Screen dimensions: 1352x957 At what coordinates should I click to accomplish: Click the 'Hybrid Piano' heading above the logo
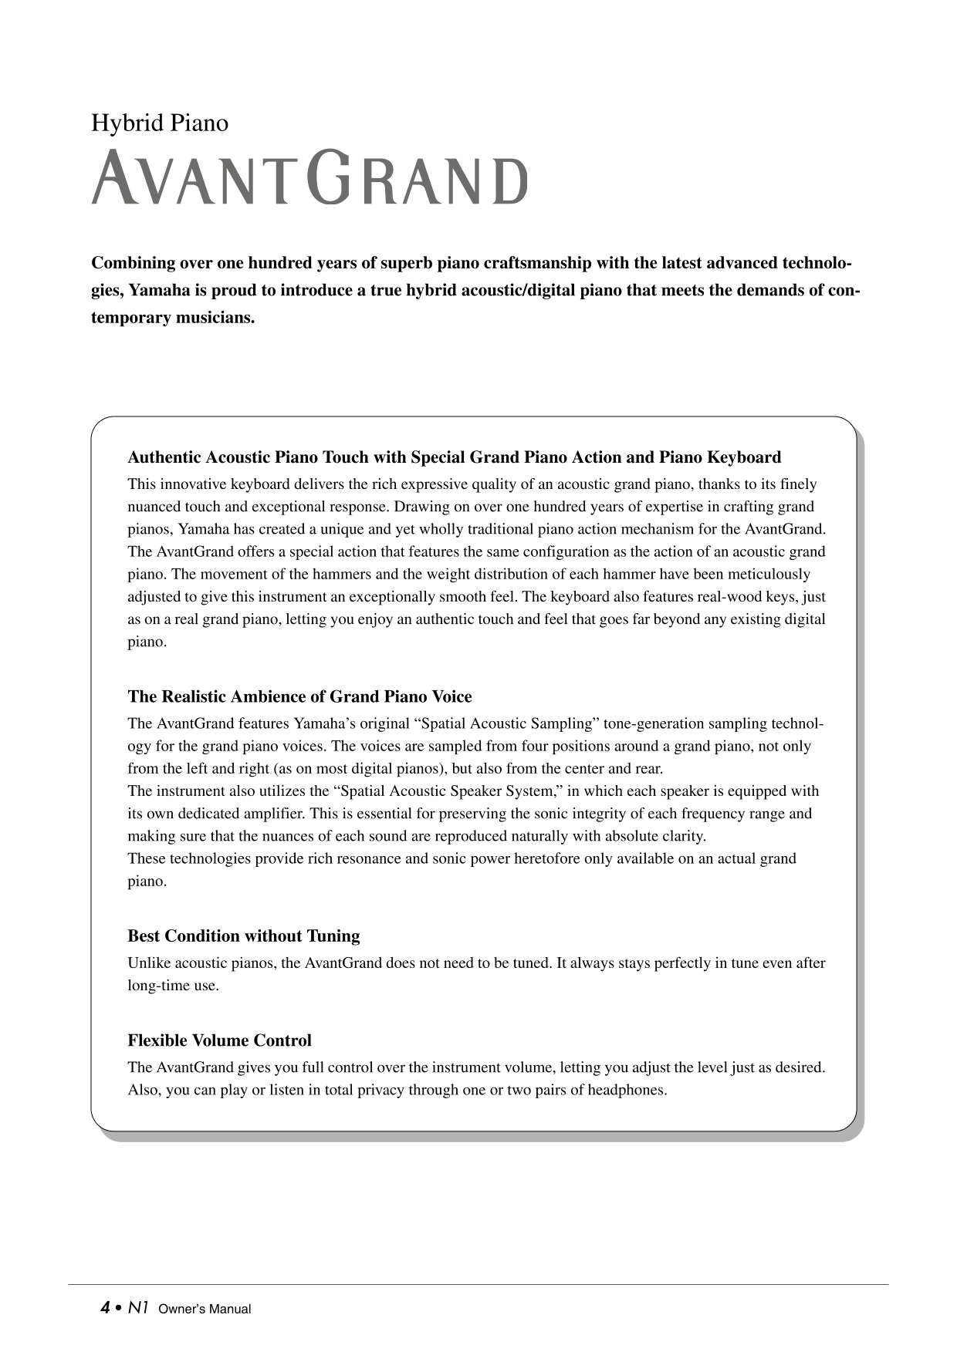(160, 123)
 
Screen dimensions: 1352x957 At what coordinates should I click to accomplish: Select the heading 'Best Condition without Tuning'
(243, 936)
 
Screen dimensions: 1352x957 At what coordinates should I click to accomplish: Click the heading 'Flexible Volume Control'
(219, 1040)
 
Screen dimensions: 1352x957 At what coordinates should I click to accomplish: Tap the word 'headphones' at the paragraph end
(627, 1091)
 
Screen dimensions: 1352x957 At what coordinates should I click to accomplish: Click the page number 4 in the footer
(104, 1307)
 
